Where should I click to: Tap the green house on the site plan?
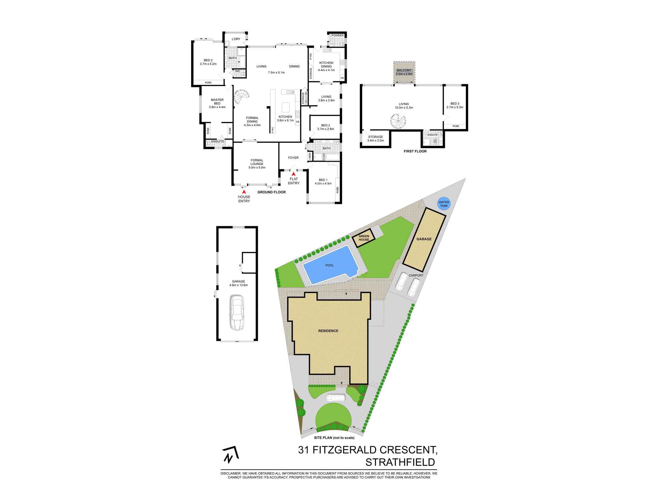364,238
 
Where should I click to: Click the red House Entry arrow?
244,191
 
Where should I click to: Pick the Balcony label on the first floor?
404,70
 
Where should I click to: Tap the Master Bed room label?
217,102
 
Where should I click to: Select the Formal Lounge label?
257,162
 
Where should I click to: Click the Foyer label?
293,158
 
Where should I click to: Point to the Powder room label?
337,36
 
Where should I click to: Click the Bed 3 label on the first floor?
455,103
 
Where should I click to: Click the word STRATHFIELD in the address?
400,462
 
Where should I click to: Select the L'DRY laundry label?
236,39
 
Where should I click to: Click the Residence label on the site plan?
328,331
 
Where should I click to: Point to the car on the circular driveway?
335,398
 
